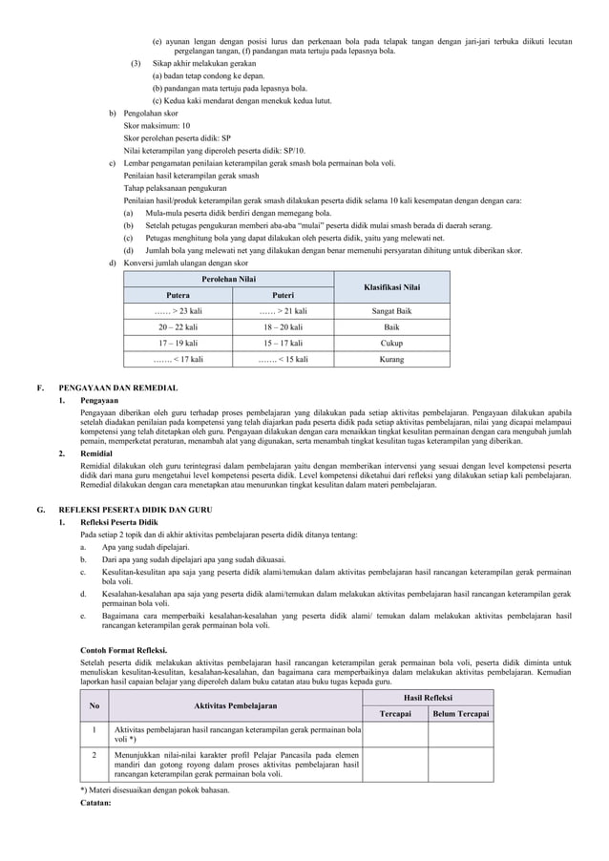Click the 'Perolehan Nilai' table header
coord(228,278)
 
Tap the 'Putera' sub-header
coord(178,295)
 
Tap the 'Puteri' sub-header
coord(283,295)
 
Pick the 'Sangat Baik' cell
coord(392,311)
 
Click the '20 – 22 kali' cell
coord(178,327)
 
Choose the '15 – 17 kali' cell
coord(283,344)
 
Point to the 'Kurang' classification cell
coord(392,360)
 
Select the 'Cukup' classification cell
coord(392,344)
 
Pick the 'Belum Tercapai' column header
coord(461,714)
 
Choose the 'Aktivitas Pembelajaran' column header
coord(235,706)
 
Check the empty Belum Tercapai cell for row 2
coord(461,765)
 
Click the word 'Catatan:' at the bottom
coord(96,803)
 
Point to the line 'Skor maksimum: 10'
coord(157,126)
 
